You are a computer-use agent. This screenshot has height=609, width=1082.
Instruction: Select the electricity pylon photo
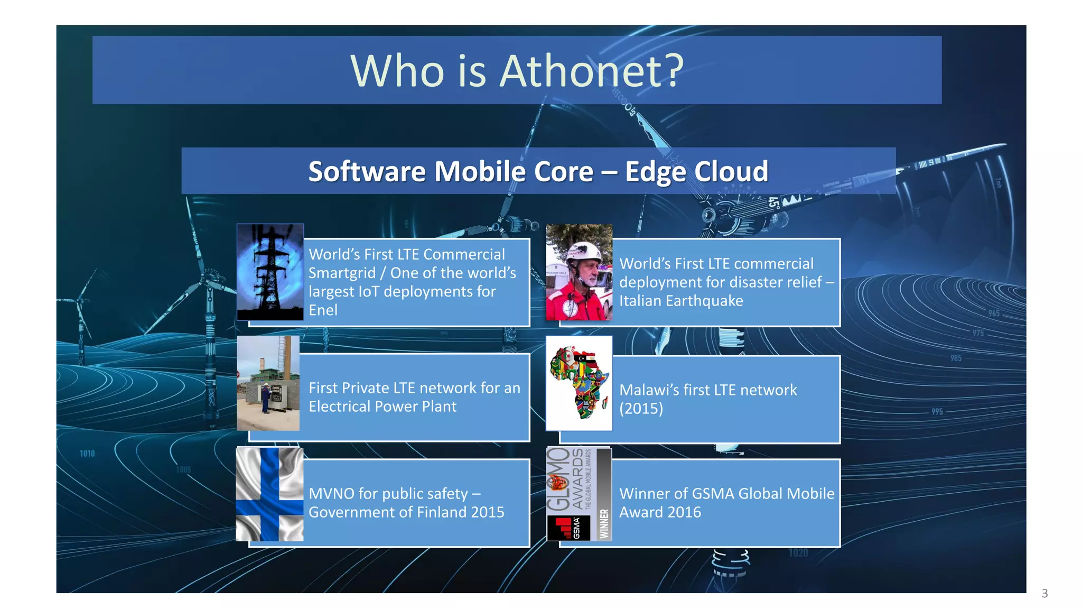point(270,272)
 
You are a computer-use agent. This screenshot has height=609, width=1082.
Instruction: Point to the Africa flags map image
point(579,383)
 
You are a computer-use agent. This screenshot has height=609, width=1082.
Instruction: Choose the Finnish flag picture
point(269,494)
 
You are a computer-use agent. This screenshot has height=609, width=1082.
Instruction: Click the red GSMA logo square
point(568,528)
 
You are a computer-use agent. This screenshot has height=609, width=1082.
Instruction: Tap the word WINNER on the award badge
point(604,524)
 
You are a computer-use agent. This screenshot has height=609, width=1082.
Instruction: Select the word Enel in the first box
point(323,310)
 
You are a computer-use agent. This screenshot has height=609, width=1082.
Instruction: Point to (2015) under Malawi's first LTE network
point(641,409)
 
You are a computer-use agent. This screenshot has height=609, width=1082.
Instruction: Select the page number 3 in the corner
point(1044,593)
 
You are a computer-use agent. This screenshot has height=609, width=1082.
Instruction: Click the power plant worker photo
point(268,383)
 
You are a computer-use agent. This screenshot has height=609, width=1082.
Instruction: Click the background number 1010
point(87,454)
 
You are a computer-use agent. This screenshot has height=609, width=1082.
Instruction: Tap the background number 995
point(937,411)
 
